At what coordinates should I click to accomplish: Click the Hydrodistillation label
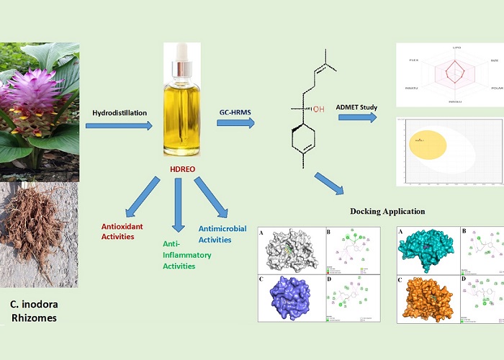click(120, 113)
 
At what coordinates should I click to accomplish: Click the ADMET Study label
click(356, 107)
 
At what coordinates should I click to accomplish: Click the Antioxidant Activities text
click(122, 231)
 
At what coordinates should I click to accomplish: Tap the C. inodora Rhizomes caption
click(34, 307)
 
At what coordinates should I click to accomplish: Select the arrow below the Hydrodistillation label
click(119, 126)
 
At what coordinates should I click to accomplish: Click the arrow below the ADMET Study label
click(357, 117)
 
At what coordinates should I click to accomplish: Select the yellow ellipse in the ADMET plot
click(428, 144)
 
